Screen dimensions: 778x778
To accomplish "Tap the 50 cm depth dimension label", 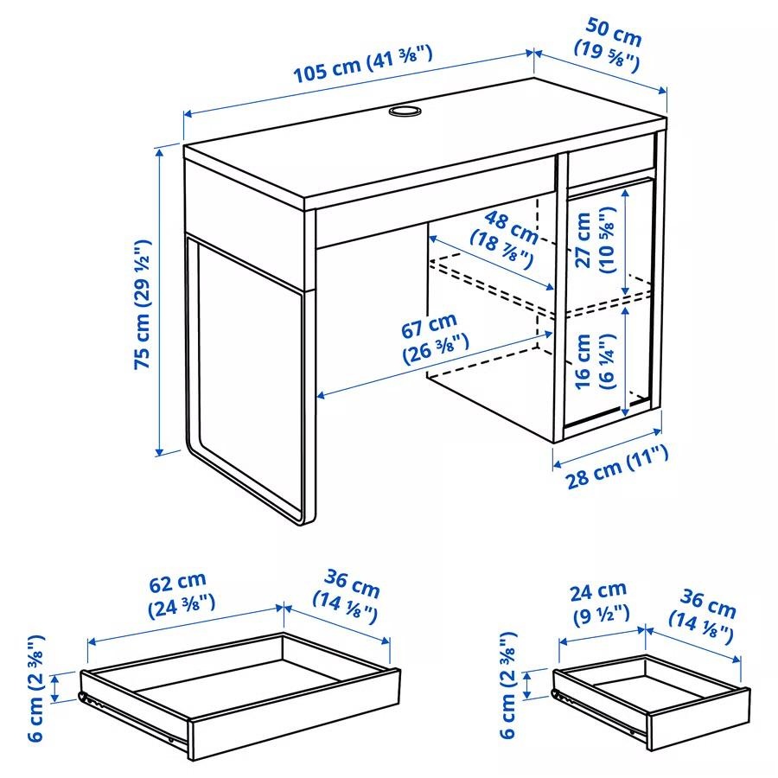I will coord(608,48).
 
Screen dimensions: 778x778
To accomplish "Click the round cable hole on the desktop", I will coord(404,112).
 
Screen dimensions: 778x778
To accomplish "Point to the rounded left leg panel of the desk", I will coord(246,380).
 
